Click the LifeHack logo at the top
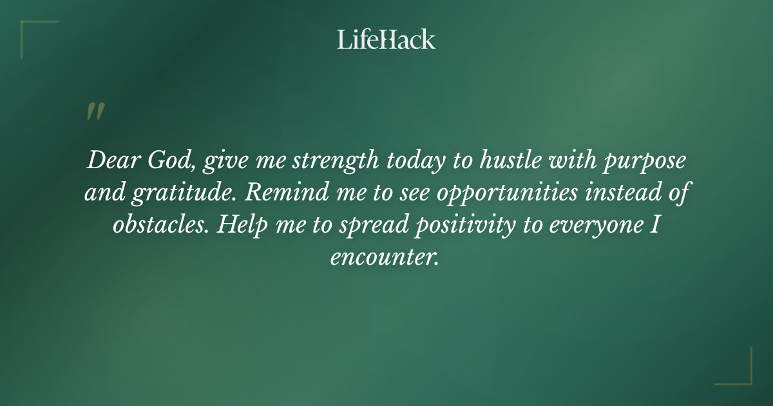[386, 39]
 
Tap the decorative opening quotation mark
[95, 111]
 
